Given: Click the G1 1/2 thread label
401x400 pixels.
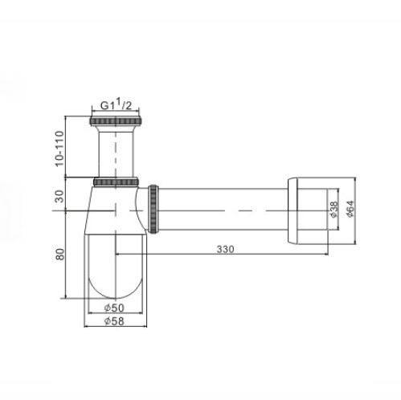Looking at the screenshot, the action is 116,105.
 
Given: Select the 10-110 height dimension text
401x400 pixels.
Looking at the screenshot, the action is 59,149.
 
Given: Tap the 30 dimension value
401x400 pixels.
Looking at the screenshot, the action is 59,196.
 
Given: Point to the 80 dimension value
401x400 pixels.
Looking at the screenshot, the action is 60,254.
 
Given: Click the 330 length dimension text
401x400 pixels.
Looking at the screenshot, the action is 225,249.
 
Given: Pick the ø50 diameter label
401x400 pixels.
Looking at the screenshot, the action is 114,308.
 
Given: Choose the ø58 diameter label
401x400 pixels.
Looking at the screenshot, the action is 114,321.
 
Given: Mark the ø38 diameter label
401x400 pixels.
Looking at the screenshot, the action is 334,209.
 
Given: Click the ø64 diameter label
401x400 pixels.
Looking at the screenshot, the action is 350,209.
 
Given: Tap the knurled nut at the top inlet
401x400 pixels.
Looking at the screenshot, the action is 116,121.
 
